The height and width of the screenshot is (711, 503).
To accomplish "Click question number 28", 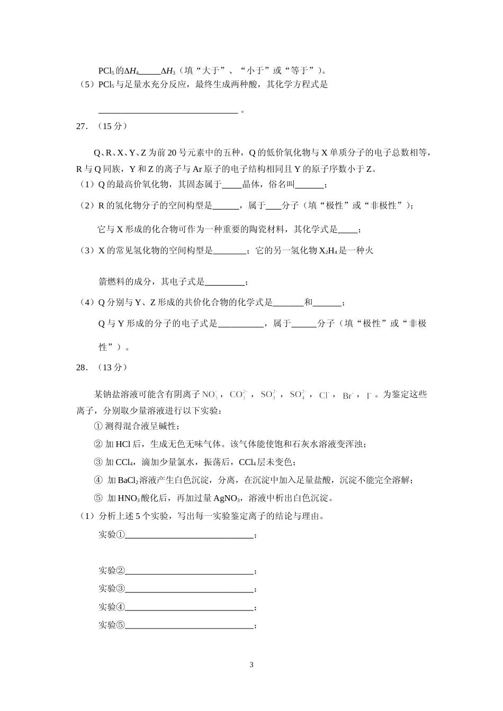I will click(82, 367).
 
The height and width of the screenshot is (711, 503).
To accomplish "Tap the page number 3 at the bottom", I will click(251, 664).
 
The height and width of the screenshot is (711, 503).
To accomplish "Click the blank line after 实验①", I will click(189, 535).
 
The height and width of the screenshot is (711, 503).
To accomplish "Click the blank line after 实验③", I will click(189, 589).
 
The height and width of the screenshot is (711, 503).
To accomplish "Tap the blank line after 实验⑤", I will click(189, 626).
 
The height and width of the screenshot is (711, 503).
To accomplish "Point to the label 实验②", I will click(112, 571).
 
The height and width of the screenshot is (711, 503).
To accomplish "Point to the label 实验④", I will click(112, 607).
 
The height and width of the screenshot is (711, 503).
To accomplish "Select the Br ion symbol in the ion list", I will click(348, 395).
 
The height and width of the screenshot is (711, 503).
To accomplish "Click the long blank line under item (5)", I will click(168, 111).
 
